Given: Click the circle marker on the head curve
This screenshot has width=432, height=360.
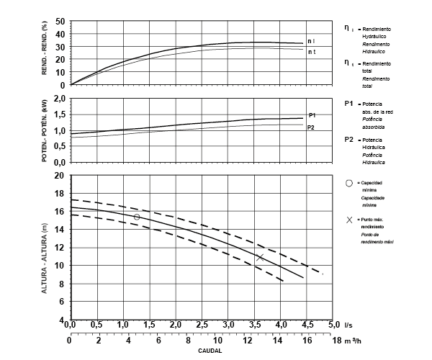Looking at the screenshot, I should (137, 217).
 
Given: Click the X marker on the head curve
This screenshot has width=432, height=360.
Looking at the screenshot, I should (260, 256).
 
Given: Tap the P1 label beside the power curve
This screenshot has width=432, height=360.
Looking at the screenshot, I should (312, 115).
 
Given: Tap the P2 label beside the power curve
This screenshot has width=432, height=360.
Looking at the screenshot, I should (311, 127).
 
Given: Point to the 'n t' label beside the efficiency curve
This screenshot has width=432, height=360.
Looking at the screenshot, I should (311, 52).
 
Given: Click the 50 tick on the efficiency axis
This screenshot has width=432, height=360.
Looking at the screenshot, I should (60, 22).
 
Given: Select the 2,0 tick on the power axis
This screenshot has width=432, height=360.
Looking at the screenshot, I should (60, 97).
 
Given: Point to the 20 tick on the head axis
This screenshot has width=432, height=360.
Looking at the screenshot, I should (60, 175).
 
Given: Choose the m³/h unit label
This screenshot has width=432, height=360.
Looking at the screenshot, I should (353, 339).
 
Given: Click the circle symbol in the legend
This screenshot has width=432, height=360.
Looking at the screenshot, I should (349, 183).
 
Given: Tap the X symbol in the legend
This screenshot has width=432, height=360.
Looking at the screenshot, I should (349, 219).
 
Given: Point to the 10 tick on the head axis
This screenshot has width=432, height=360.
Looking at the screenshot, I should (60, 266).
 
